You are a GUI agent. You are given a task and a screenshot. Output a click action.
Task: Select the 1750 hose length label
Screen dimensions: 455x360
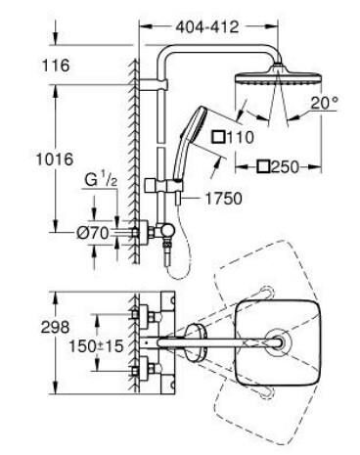[x=223, y=197]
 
